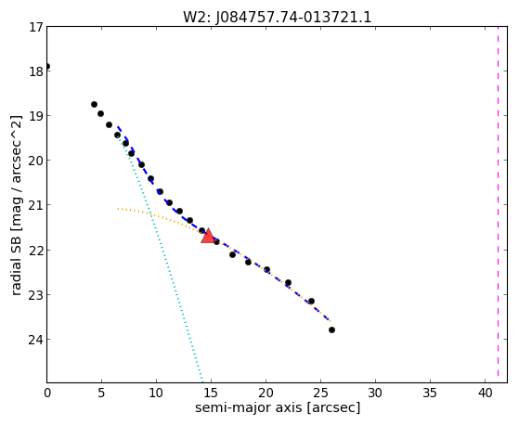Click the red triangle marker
click(x=208, y=236)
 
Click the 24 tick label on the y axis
click(x=36, y=340)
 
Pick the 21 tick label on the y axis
click(x=36, y=205)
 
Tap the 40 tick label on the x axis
click(x=485, y=393)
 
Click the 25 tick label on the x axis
click(x=320, y=393)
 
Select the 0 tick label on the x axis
click(x=47, y=393)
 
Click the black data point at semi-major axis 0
click(x=47, y=66)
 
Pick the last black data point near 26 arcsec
click(x=331, y=329)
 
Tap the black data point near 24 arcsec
click(x=311, y=301)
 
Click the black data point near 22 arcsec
click(x=288, y=282)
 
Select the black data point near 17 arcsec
click(x=232, y=254)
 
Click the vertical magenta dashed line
click(x=498, y=204)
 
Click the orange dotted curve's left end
click(x=118, y=209)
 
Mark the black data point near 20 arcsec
click(x=266, y=269)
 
